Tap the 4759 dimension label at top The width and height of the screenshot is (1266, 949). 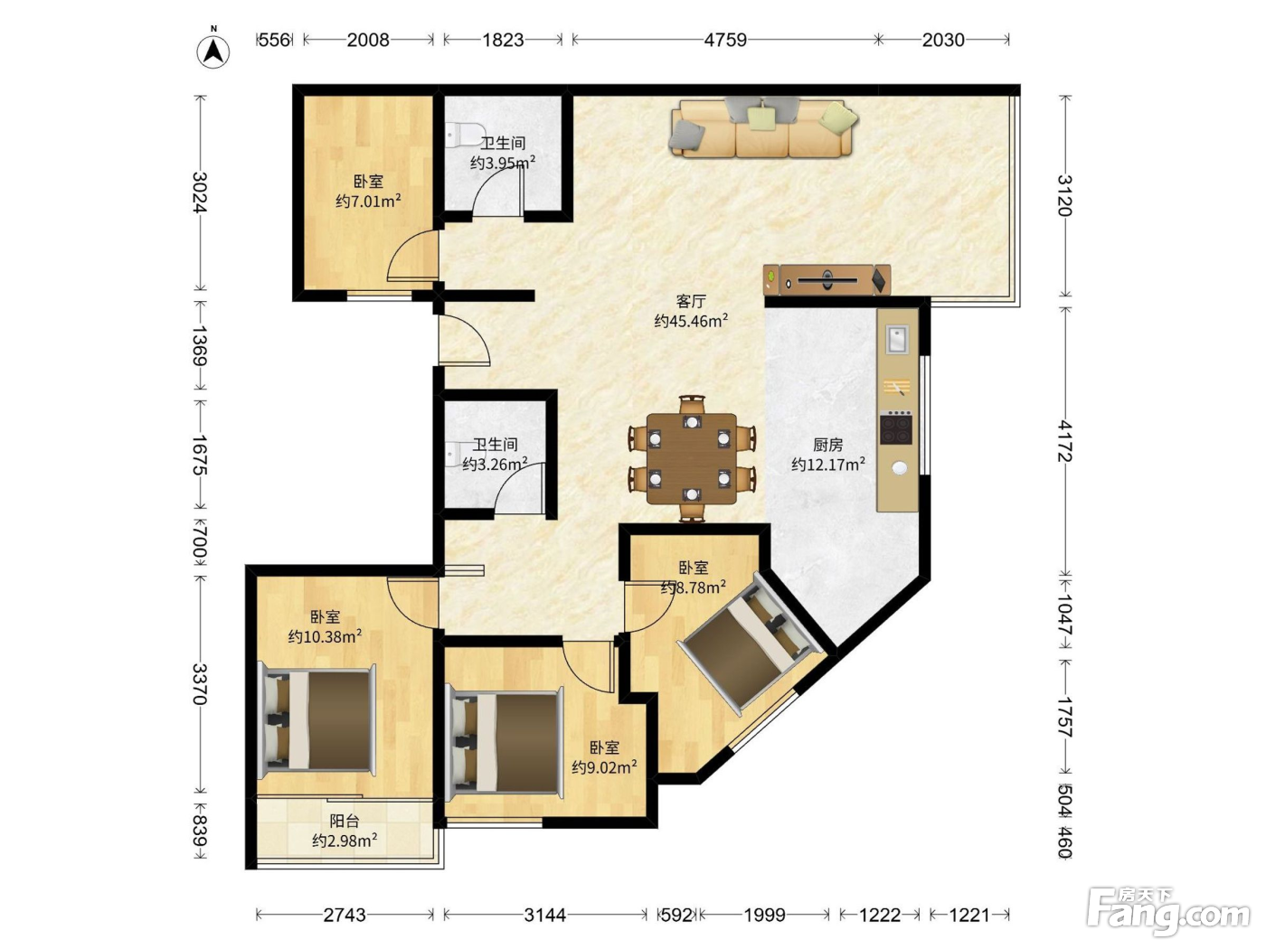click(725, 40)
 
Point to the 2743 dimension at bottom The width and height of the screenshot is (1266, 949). click(345, 915)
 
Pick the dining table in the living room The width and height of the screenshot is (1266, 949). click(692, 458)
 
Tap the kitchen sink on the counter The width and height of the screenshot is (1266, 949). click(897, 339)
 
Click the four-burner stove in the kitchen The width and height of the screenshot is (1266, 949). click(896, 428)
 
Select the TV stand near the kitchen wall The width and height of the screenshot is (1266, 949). click(827, 280)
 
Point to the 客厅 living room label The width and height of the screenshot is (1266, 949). click(690, 301)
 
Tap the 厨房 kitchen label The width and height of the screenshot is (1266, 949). click(827, 445)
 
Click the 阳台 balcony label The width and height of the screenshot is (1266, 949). click(345, 820)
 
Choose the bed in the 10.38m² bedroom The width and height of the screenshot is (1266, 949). click(316, 719)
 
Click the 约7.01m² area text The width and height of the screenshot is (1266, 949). click(368, 201)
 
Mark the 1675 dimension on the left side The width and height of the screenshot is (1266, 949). click(200, 455)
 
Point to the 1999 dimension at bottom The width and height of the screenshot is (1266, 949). click(764, 915)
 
